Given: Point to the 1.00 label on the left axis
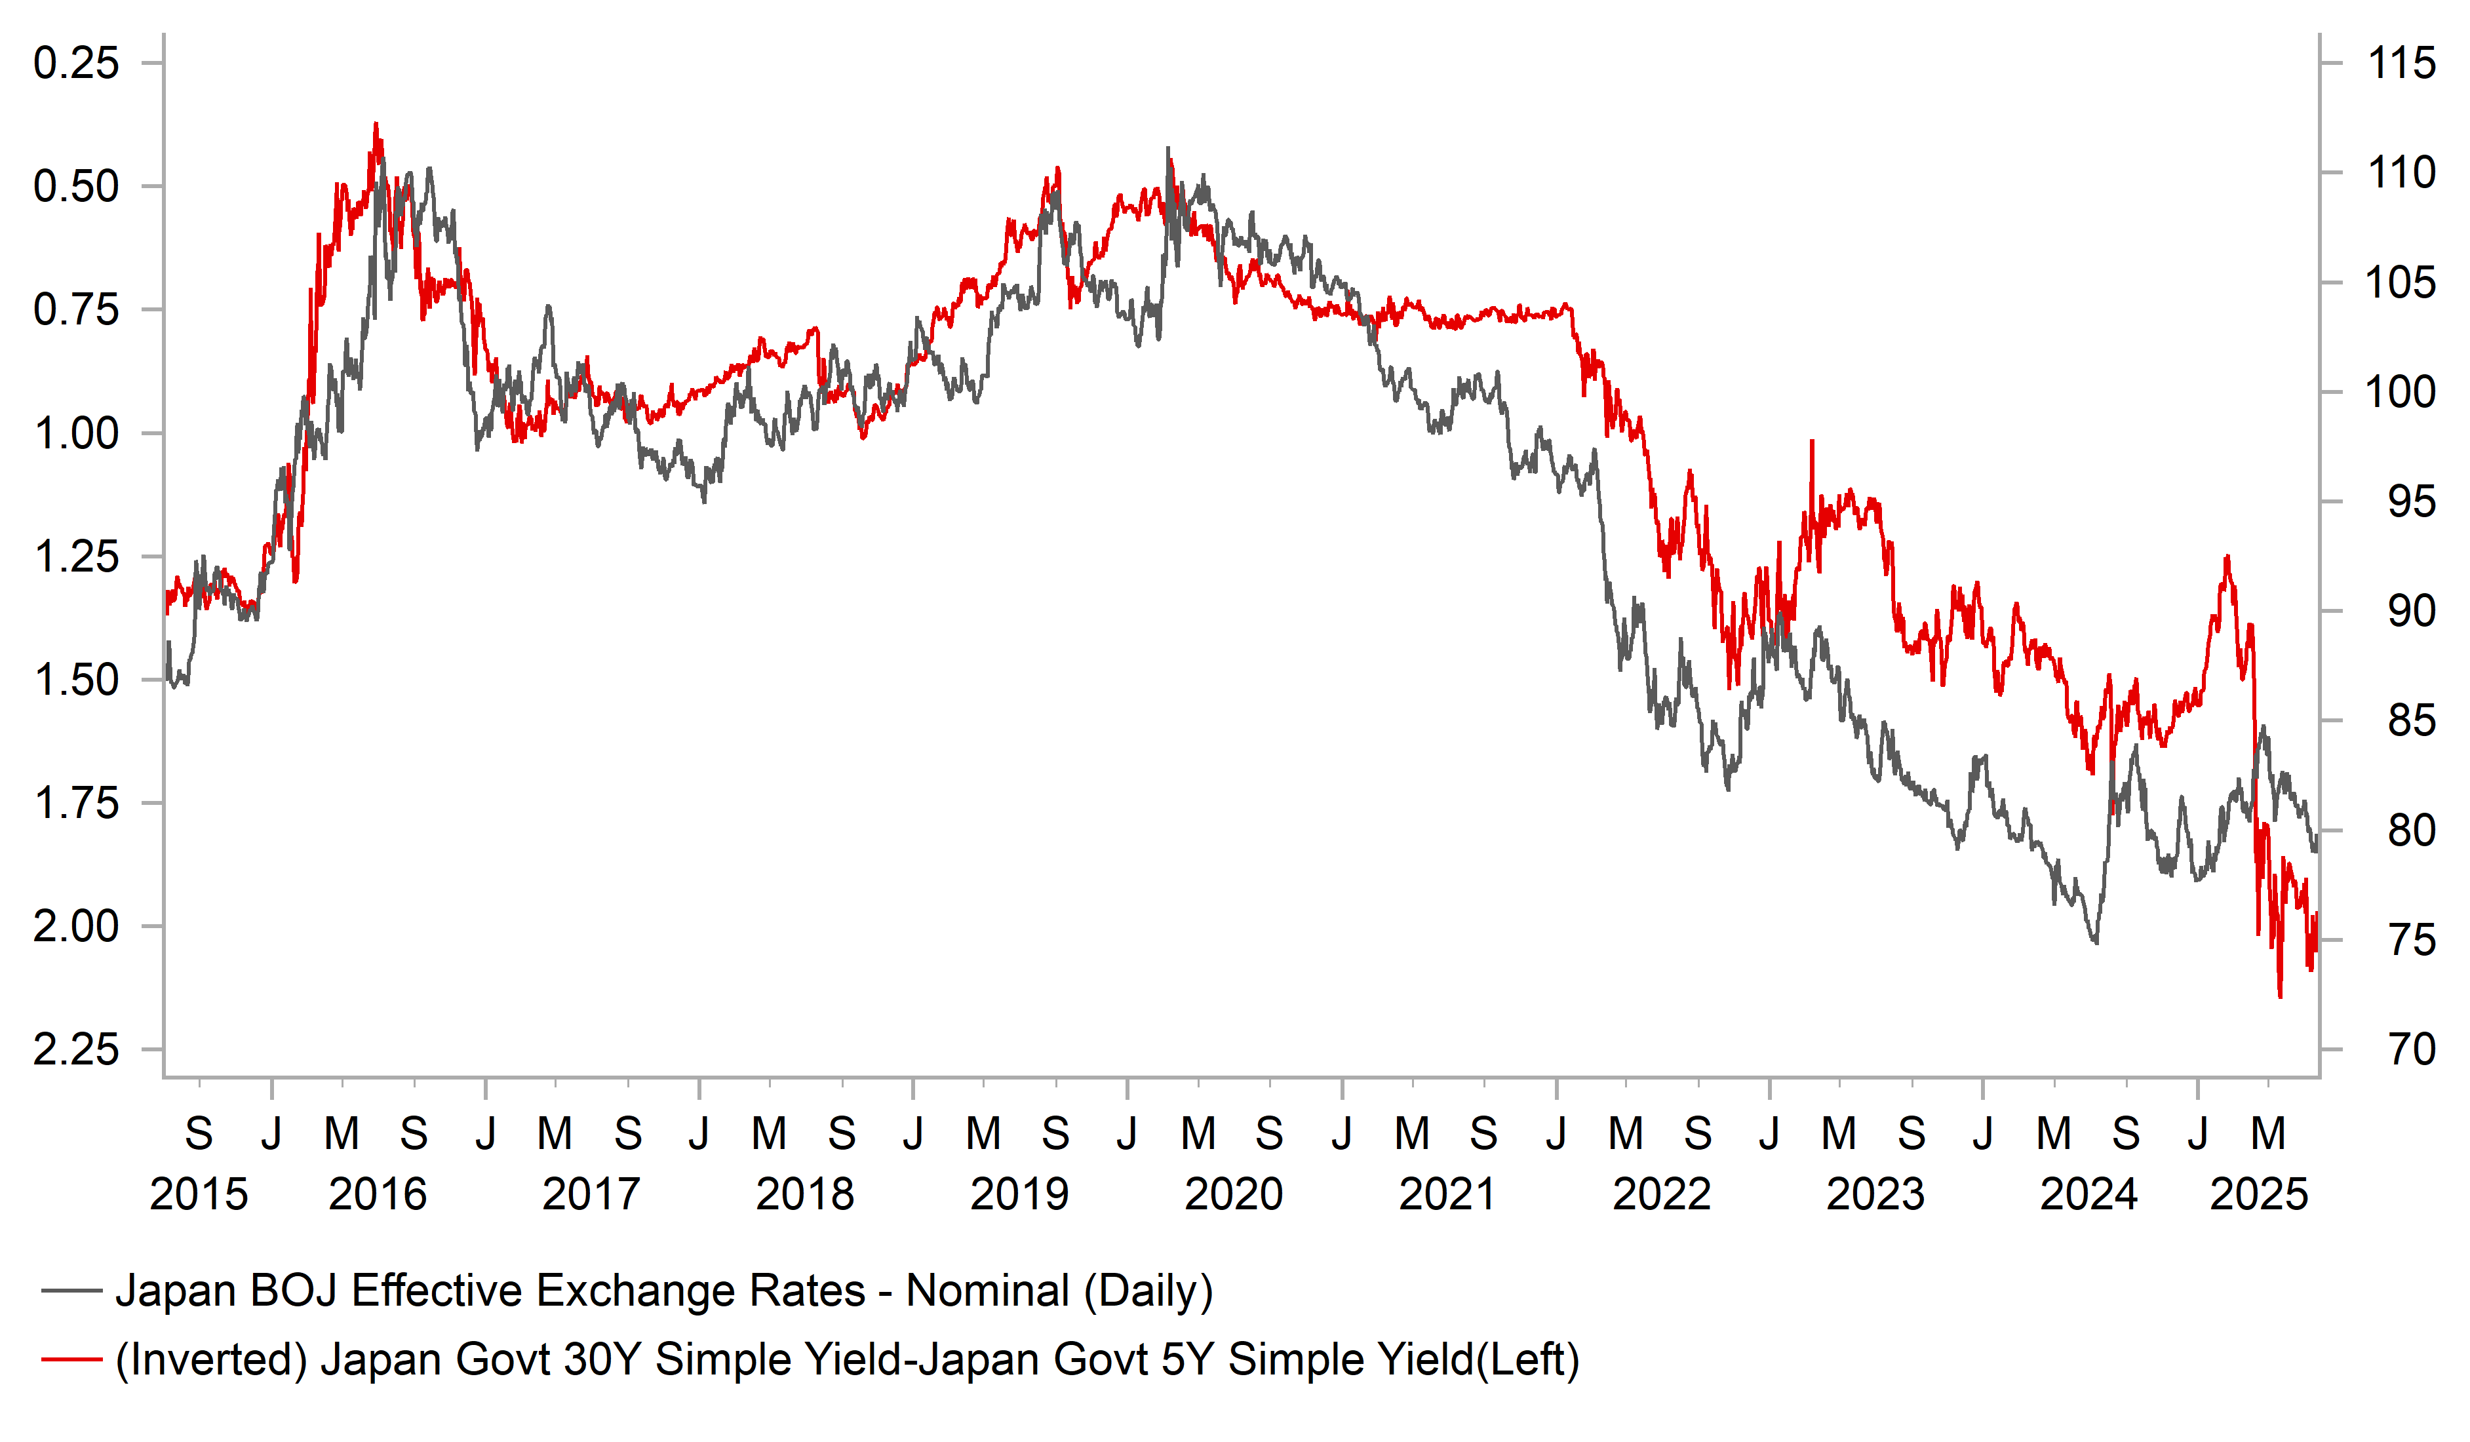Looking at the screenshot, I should pyautogui.click(x=77, y=433).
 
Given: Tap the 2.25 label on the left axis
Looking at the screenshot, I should pyautogui.click(x=77, y=1050).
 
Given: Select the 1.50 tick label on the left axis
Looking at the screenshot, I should pyautogui.click(x=77, y=680).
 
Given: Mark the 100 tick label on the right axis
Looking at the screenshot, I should pyautogui.click(x=2401, y=392).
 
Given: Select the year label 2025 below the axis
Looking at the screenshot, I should pyautogui.click(x=2260, y=1195).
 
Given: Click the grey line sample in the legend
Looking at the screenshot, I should pyautogui.click(x=71, y=1291).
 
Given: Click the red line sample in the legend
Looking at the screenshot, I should pyautogui.click(x=71, y=1359).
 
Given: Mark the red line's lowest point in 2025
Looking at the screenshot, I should pyautogui.click(x=2280, y=997).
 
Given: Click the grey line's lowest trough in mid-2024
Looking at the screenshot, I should pyautogui.click(x=2096, y=943).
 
